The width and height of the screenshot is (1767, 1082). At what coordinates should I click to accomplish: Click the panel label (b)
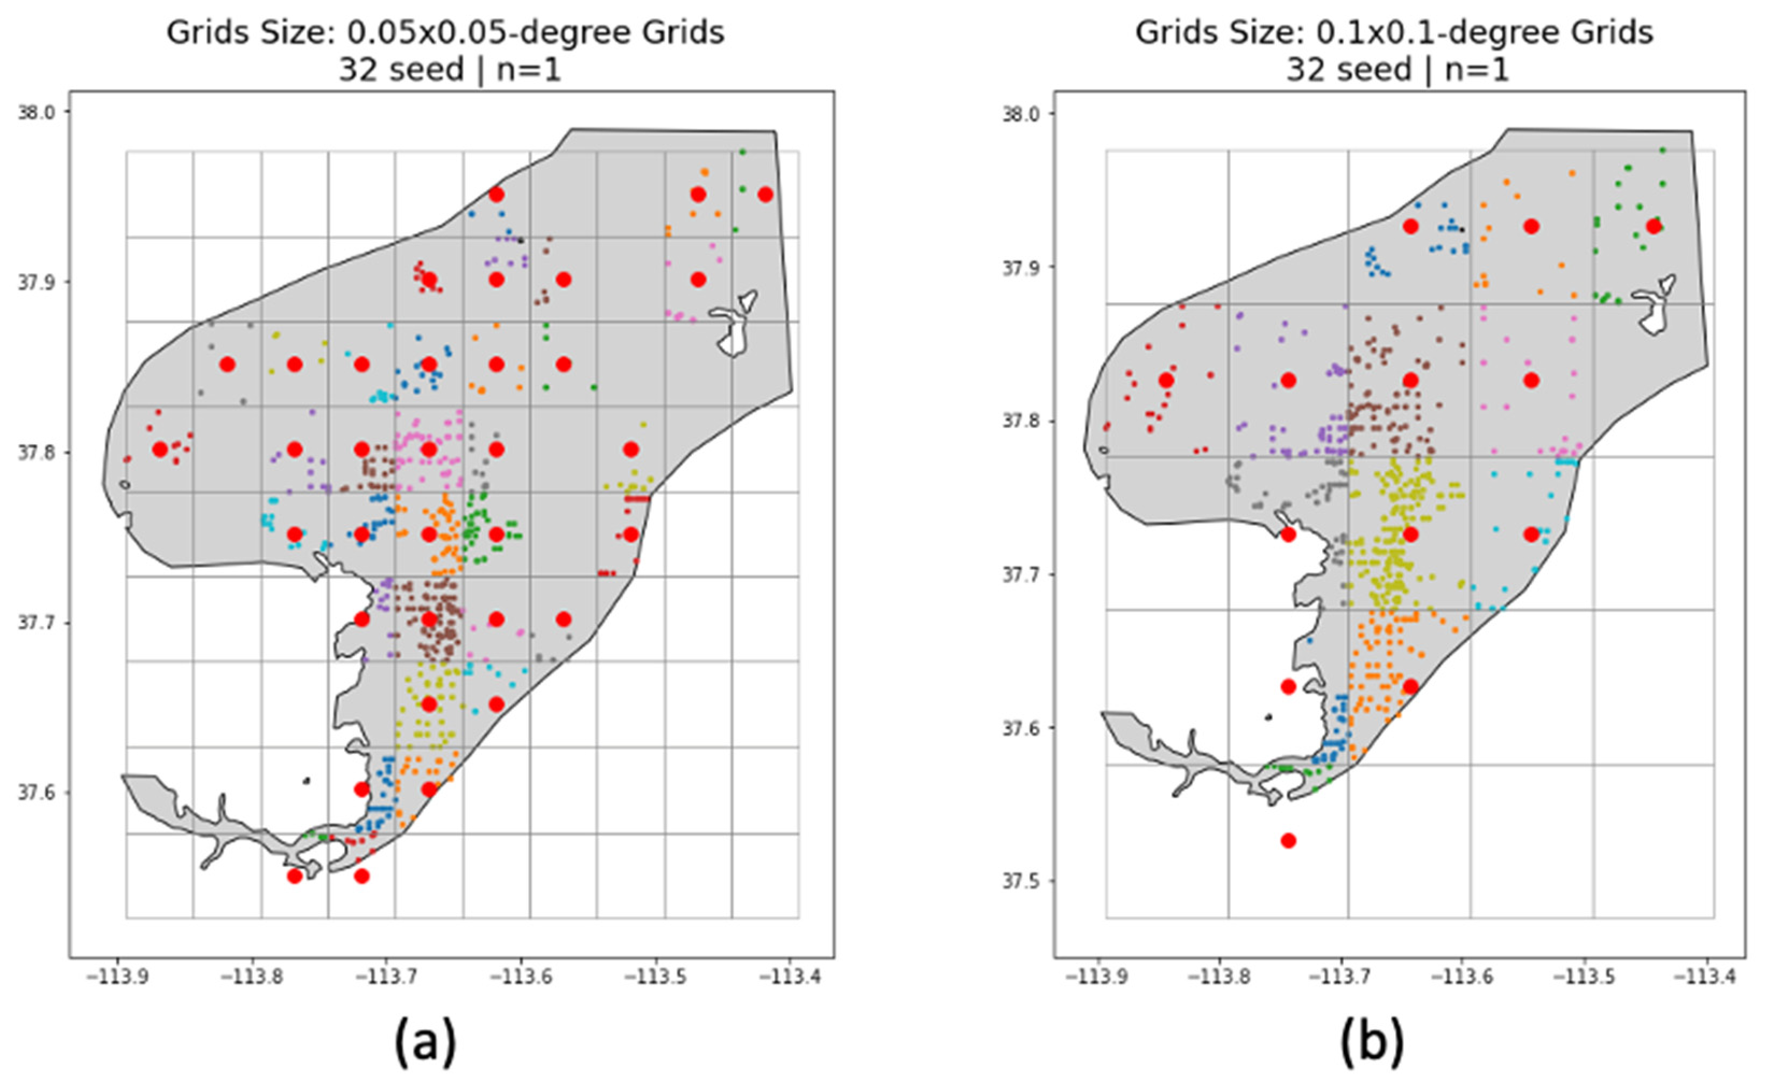pos(1372,1042)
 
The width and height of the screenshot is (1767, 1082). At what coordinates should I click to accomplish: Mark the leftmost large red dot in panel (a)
pos(160,450)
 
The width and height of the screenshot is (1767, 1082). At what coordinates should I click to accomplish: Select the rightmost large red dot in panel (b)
pos(1654,226)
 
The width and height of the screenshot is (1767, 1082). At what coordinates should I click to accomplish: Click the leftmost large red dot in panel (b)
pos(1166,380)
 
